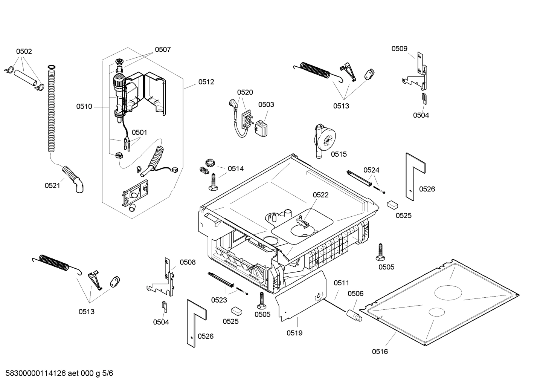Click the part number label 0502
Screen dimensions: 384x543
pyautogui.click(x=24, y=51)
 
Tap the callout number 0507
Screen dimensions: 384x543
pyautogui.click(x=163, y=49)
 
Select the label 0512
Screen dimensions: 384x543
pyautogui.click(x=206, y=82)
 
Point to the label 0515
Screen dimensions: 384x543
pyautogui.click(x=339, y=154)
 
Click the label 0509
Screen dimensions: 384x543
pyautogui.click(x=399, y=48)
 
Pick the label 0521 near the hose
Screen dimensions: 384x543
pyautogui.click(x=52, y=185)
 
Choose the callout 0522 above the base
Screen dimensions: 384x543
pyautogui.click(x=320, y=195)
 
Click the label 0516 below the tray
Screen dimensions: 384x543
pyautogui.click(x=380, y=352)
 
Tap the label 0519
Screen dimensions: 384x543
pyautogui.click(x=294, y=333)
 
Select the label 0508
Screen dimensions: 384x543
pyautogui.click(x=188, y=262)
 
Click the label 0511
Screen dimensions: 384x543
pyautogui.click(x=341, y=283)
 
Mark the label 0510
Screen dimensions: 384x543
pyautogui.click(x=84, y=107)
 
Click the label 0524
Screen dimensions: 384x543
pyautogui.click(x=371, y=170)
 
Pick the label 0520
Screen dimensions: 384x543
pyautogui.click(x=245, y=92)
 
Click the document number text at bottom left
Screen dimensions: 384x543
pyautogui.click(x=59, y=373)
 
